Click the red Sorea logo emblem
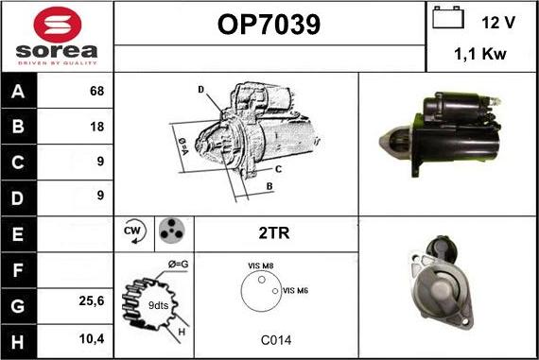click(58, 25)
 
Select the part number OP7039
click(269, 25)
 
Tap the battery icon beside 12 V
click(448, 17)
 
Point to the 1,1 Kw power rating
click(480, 54)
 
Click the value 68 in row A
click(96, 91)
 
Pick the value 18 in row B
click(97, 127)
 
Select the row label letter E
click(18, 234)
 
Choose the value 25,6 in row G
click(92, 300)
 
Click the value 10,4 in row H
click(92, 338)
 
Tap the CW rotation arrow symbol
click(134, 231)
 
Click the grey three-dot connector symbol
click(172, 231)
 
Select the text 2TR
click(274, 232)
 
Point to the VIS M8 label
click(261, 266)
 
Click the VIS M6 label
click(295, 291)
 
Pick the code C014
click(276, 340)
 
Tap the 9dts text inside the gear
click(158, 305)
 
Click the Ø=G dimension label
click(179, 265)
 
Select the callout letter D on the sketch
click(201, 90)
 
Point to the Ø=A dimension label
click(183, 146)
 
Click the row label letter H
click(18, 342)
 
